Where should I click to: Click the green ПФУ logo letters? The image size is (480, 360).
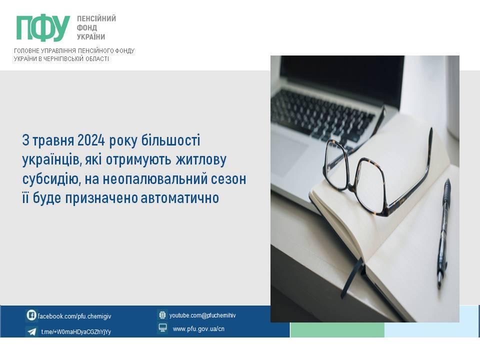pos(43,28)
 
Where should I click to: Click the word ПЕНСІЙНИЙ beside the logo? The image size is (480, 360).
pos(96,18)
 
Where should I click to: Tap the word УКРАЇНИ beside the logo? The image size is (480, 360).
pos(91,36)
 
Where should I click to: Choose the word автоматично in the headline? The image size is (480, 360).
pos(179,198)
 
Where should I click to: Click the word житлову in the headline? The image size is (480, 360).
pos(201,160)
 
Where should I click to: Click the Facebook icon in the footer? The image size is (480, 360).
pos(31,315)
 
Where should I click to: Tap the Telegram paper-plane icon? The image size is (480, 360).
pos(31,331)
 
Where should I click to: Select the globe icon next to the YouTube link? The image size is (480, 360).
pos(162,315)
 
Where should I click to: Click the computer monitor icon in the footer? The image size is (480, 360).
pos(162,328)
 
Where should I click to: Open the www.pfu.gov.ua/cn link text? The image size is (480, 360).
pos(198,329)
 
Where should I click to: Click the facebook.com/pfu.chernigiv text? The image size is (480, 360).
pos(74,316)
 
